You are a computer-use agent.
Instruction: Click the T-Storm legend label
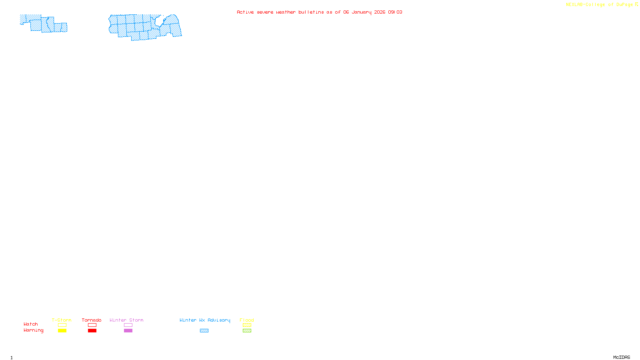pos(62,320)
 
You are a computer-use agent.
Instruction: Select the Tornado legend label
pos(92,320)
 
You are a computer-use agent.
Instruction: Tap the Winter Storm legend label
pos(126,320)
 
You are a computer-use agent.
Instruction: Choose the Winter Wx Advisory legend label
pos(205,320)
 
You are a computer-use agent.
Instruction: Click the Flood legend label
pos(247,320)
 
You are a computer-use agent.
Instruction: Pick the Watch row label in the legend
pos(31,324)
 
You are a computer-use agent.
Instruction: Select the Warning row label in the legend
pos(34,330)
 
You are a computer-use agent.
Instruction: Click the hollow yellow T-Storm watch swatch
pos(62,325)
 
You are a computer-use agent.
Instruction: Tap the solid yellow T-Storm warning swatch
pos(62,331)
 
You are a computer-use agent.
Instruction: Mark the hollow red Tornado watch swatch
pos(92,325)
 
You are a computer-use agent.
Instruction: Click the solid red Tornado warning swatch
pos(92,331)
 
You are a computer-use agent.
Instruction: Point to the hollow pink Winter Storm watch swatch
pos(128,325)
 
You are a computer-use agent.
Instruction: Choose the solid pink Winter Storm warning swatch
pos(128,331)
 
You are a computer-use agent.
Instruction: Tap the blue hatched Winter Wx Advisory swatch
pos(204,331)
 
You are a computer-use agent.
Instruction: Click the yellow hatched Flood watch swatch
pos(247,325)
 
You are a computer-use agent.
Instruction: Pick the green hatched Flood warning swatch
pos(247,331)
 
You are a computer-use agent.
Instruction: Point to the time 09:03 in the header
pos(395,12)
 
